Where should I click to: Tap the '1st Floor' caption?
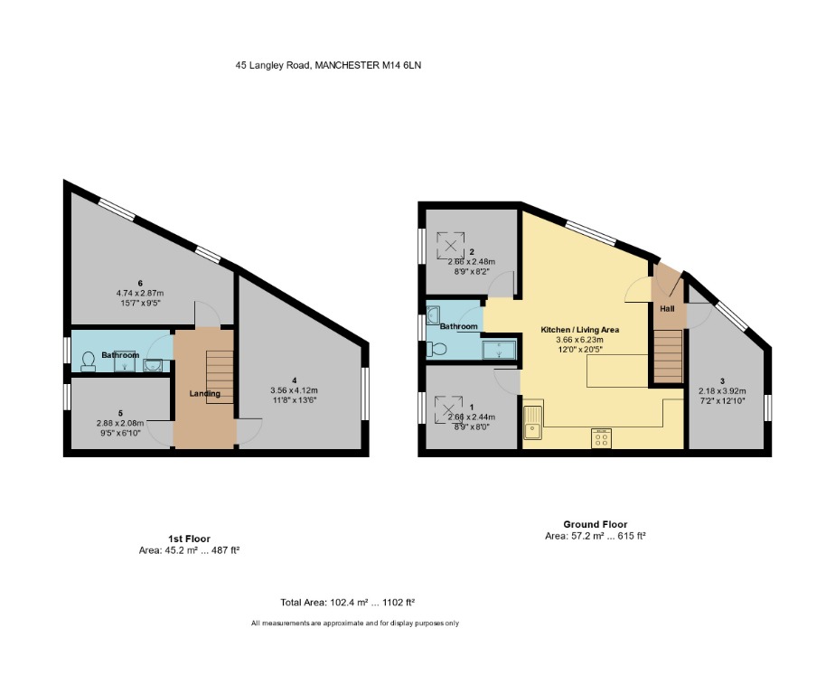tap(189, 538)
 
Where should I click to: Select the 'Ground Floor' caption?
tap(595, 524)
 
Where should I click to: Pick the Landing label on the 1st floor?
tap(204, 393)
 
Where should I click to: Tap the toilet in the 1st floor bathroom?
tap(89, 361)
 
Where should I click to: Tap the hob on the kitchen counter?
tap(602, 438)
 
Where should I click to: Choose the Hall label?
tap(667, 309)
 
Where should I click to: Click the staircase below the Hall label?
tap(667, 356)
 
